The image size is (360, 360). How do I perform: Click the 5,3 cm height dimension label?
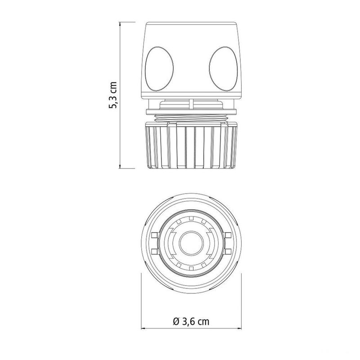pyautogui.click(x=113, y=95)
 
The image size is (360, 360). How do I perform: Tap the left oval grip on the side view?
pyautogui.click(x=159, y=69)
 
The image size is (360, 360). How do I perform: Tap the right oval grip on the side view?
pyautogui.click(x=223, y=69)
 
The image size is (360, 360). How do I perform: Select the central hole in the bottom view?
pyautogui.click(x=191, y=243)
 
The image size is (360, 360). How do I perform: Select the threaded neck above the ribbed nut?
pyautogui.click(x=191, y=118)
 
